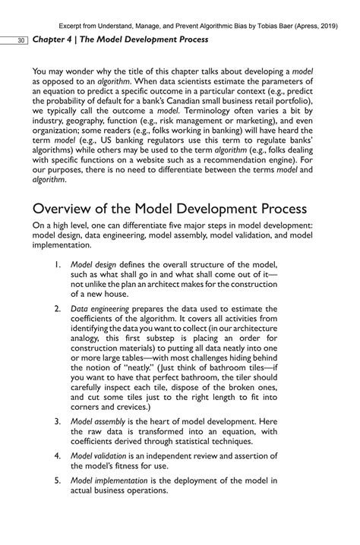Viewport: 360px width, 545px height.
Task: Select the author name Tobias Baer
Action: (x=252, y=22)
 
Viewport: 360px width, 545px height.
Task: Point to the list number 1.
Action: (x=58, y=263)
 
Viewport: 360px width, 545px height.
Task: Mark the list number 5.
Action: (x=58, y=480)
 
